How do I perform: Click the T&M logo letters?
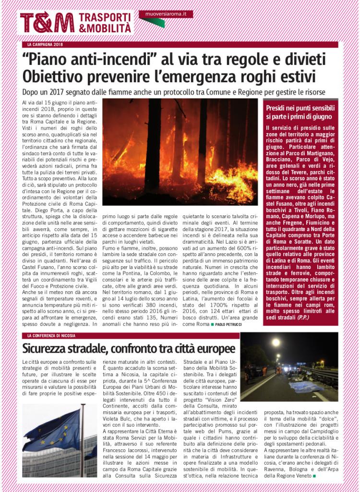point(47,22)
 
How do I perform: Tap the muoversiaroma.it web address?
point(165,14)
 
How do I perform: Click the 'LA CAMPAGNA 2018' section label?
point(46,45)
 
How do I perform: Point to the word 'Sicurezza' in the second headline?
point(52,348)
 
